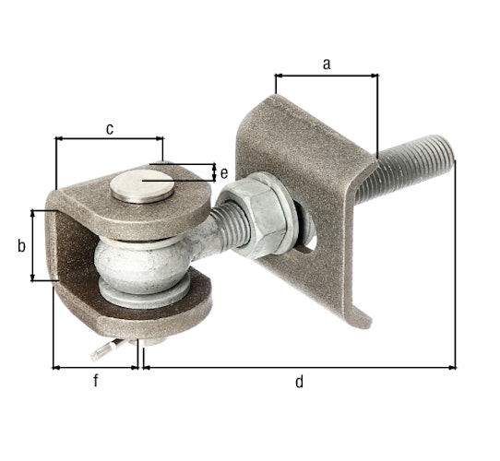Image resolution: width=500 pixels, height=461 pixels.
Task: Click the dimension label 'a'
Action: click(325, 64)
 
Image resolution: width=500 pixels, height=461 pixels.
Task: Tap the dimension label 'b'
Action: click(20, 245)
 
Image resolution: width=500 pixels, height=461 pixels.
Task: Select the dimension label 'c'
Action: click(109, 128)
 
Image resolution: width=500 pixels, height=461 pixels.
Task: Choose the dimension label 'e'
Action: click(224, 172)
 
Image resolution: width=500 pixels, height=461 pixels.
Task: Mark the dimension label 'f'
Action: click(95, 381)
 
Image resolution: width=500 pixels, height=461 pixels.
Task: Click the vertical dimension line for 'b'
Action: click(33, 245)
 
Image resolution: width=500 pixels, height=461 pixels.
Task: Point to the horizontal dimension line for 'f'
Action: click(95, 367)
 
